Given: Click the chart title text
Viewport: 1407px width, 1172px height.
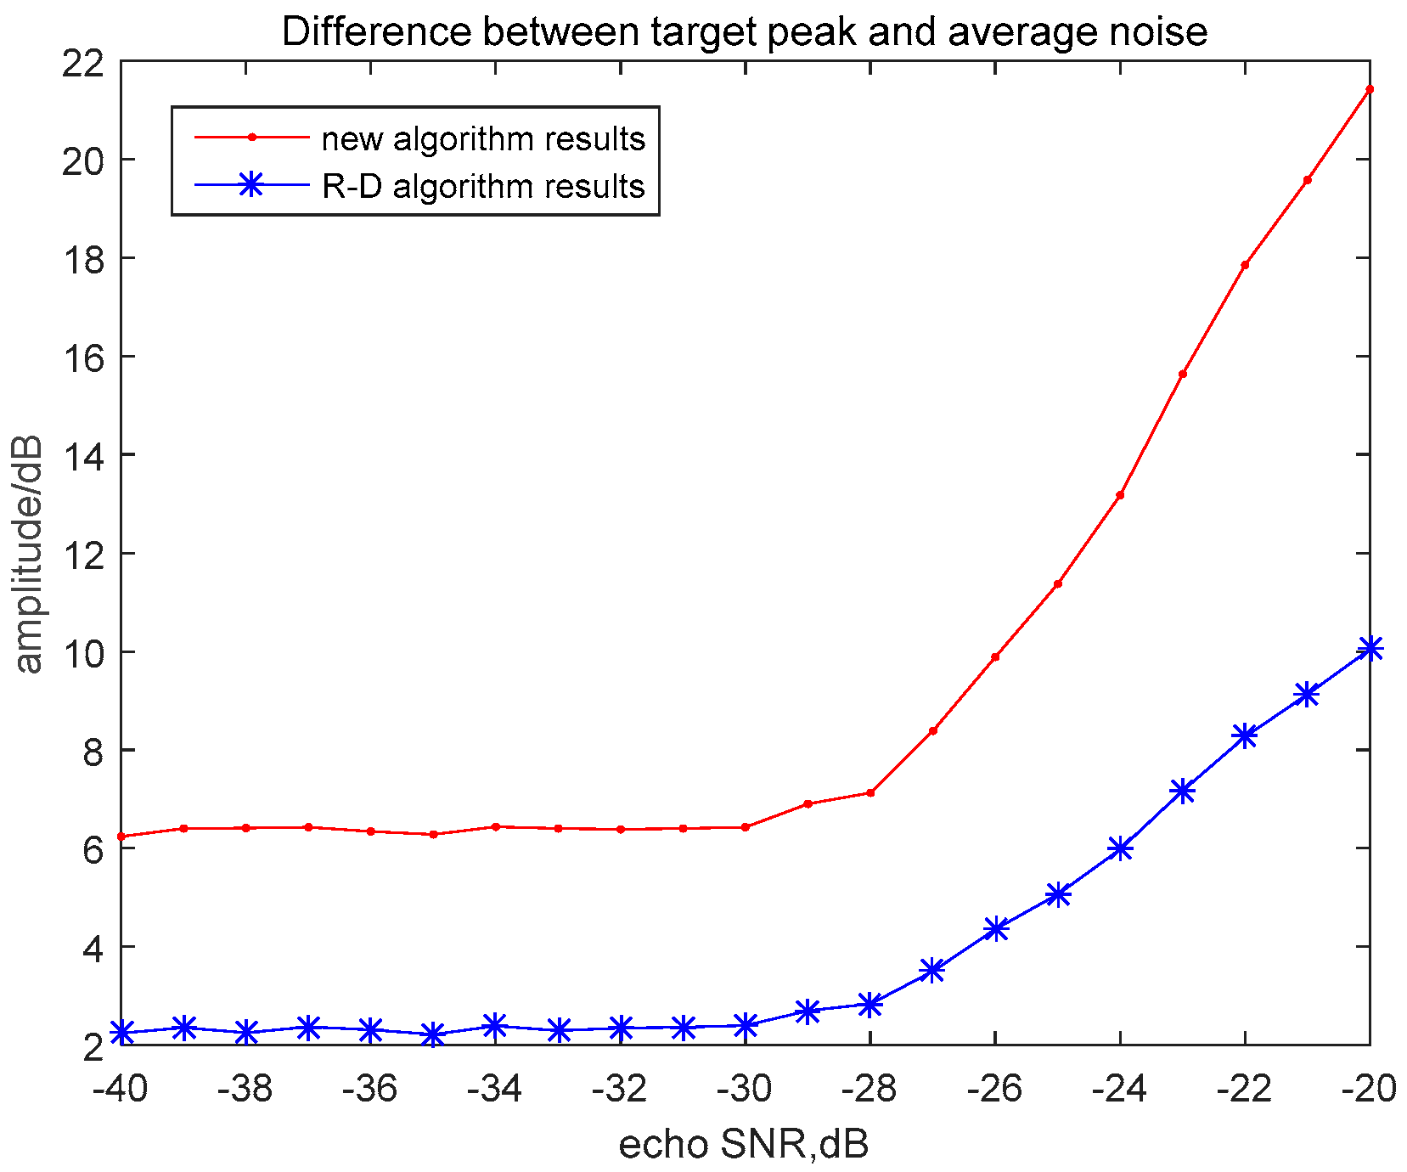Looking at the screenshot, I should (x=744, y=32).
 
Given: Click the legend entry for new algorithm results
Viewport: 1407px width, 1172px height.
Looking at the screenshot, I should (x=483, y=138).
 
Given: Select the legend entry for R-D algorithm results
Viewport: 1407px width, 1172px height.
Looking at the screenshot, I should (x=483, y=185).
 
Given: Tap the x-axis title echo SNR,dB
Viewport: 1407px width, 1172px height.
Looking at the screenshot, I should (x=744, y=1145).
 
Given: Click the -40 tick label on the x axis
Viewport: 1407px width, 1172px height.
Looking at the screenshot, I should (x=121, y=1089).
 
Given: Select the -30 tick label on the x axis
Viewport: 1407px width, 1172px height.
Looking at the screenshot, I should (x=745, y=1089).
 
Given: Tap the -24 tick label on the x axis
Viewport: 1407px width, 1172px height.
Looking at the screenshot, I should (x=1119, y=1089).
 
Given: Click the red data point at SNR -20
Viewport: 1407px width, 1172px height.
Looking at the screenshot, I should (x=1369, y=89).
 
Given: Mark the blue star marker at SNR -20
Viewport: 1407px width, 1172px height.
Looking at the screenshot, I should (x=1369, y=650).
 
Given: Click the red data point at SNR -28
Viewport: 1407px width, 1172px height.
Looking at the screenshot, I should (x=870, y=792).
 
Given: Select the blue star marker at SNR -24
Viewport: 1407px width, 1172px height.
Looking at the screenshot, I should (x=1120, y=848).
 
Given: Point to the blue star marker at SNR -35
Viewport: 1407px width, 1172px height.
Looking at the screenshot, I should (x=433, y=1034).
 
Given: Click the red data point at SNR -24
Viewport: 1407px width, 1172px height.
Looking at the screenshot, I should (x=1120, y=495).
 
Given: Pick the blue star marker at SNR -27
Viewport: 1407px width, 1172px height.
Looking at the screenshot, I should (x=932, y=970).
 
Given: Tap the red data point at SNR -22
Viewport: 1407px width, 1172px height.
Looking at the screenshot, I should (x=1245, y=265).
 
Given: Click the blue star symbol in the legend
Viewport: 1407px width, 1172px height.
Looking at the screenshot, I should (x=251, y=185).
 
